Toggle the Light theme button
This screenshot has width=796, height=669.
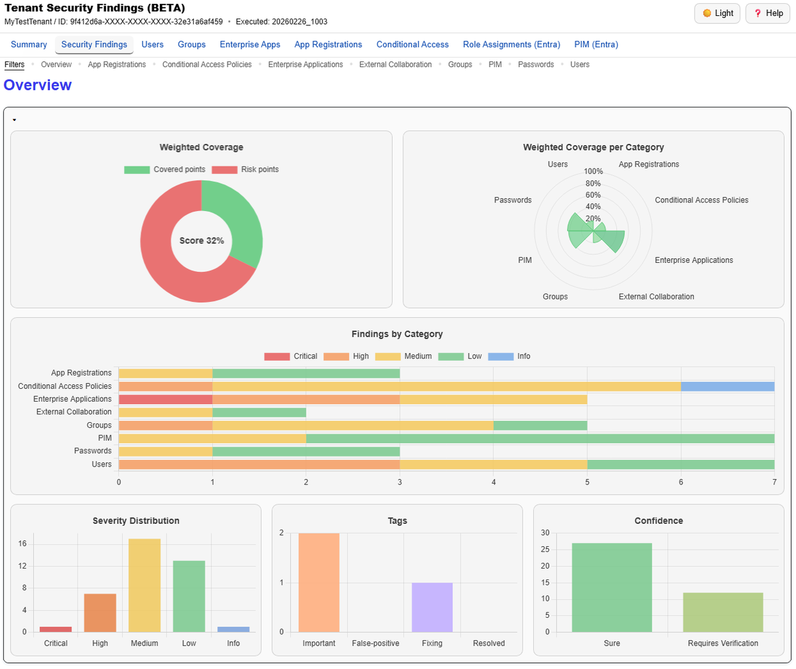point(718,13)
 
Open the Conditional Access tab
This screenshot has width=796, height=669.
point(413,44)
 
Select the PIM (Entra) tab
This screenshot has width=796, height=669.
point(596,44)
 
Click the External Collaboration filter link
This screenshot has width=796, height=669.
point(395,64)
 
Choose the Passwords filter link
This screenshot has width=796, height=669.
point(536,64)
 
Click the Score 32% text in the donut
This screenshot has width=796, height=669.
point(202,241)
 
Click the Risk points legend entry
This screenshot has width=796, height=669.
point(245,169)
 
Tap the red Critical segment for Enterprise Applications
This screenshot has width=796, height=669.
point(165,399)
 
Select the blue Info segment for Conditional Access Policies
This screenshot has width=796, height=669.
point(727,386)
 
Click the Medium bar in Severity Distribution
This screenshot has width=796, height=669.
point(145,585)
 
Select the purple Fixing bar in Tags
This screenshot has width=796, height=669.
point(432,607)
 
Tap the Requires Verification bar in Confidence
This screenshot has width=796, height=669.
point(723,612)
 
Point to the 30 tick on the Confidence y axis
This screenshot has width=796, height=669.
point(545,533)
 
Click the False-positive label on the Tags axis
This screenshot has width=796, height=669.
point(375,643)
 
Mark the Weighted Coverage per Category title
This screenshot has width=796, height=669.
point(593,147)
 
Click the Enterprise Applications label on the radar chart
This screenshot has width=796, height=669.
point(694,260)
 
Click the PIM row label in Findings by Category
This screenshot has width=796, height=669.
point(105,438)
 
